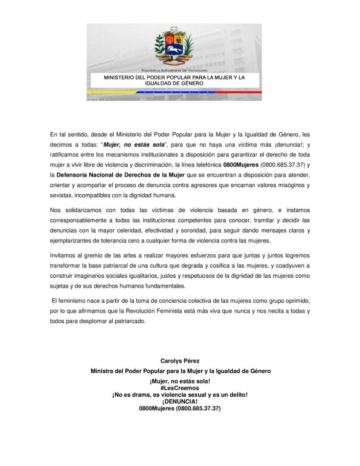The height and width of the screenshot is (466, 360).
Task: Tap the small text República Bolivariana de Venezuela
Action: pos(174,70)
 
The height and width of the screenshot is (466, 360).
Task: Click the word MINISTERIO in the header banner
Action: pos(119,77)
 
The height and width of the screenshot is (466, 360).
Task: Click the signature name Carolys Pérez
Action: pos(180,360)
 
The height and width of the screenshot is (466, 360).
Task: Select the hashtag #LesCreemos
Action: pos(180,388)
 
